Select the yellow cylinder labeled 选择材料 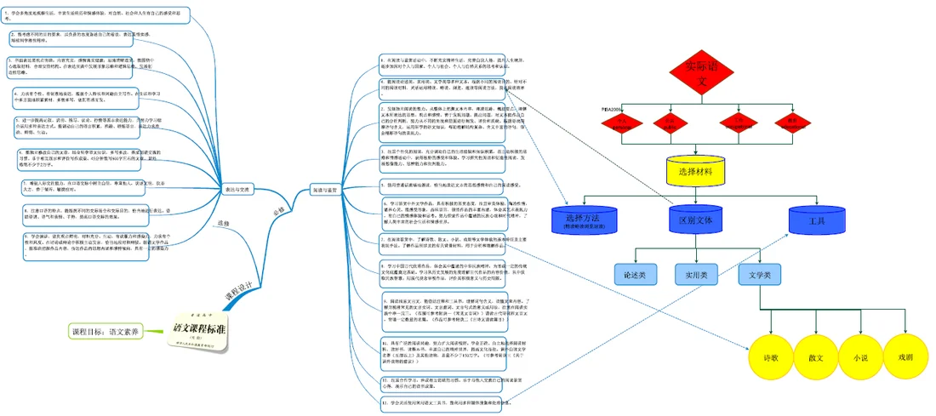coord(699,173)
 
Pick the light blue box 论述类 coord(636,274)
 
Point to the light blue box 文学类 coord(760,274)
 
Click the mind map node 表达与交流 coord(237,189)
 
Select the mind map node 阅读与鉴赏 coord(328,190)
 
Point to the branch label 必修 coord(279,209)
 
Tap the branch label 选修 coord(224,224)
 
